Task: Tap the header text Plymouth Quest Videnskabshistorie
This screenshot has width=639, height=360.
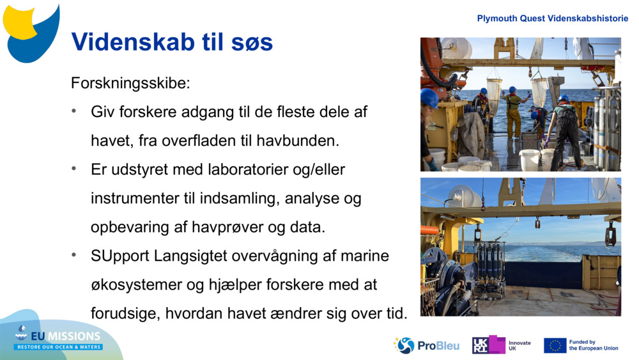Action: (552, 19)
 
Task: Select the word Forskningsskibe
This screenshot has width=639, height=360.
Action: (130, 83)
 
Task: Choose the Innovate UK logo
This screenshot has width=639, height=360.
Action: (502, 345)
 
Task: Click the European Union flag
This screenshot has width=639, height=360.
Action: (555, 346)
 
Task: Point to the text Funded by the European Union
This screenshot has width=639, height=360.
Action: (593, 345)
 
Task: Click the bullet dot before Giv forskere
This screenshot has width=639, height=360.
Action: (75, 112)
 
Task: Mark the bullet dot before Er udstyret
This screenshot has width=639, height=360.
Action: (75, 169)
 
